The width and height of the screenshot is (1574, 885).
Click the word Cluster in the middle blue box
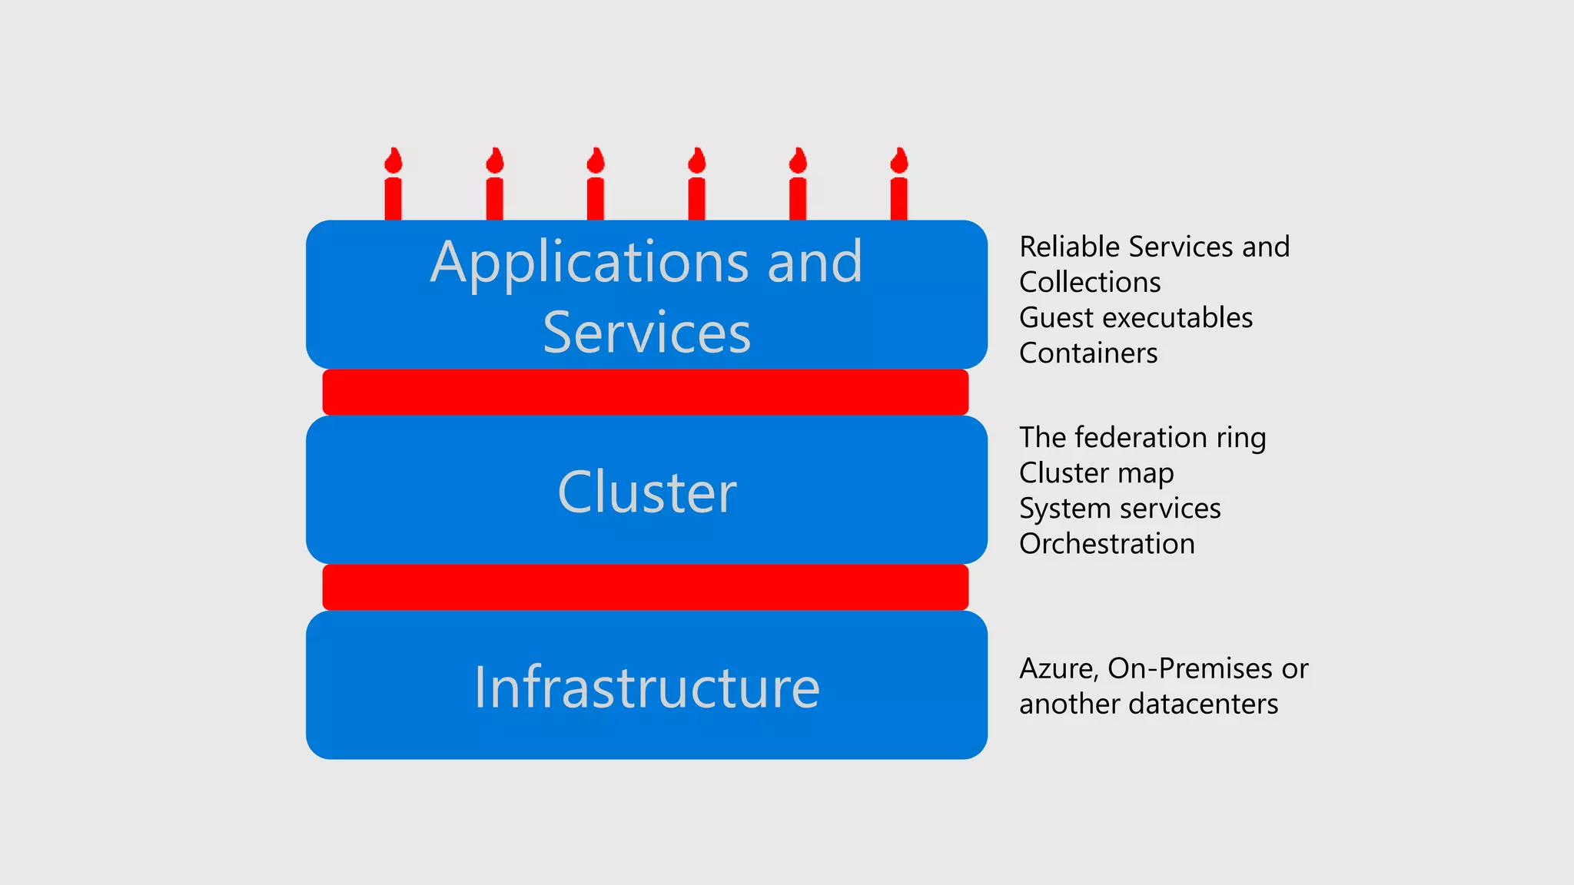pos(646,492)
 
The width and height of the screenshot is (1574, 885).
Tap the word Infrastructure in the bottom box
pos(646,687)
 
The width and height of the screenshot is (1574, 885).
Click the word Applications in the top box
pos(590,263)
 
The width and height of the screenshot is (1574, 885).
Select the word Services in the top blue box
pos(646,333)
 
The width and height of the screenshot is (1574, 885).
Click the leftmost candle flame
pos(393,161)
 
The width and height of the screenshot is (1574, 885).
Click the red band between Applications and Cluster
pos(645,392)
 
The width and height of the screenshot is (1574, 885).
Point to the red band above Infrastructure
pos(645,587)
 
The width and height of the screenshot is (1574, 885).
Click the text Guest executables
pos(1135,318)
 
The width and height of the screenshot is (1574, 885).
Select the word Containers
pos(1088,353)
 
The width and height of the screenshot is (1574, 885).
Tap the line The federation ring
pos(1141,438)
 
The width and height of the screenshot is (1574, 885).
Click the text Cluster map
pos(1096,473)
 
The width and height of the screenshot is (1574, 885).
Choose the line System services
pos(1119,509)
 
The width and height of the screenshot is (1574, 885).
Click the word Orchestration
pos(1106,544)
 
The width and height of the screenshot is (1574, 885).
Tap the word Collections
pos(1089,283)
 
